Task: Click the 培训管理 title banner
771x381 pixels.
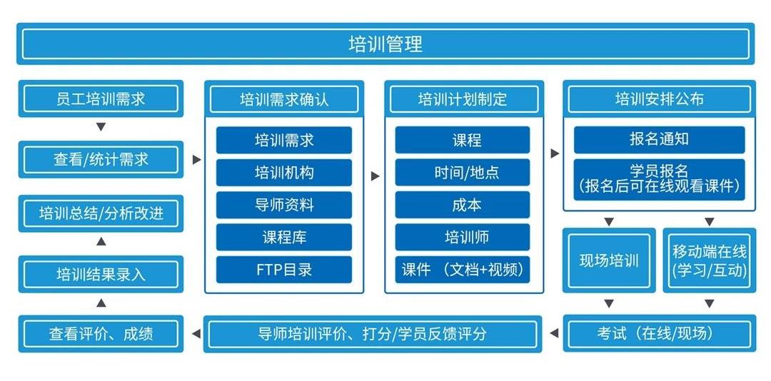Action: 385,44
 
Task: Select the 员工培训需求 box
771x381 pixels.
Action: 101,98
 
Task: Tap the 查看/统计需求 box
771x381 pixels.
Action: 101,159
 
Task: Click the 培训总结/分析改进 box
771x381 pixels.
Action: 101,213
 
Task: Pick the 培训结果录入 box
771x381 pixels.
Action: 101,274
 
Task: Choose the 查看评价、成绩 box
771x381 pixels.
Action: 101,333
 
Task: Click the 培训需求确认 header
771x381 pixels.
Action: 284,99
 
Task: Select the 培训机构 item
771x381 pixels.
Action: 284,173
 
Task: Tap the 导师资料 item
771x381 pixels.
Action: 284,205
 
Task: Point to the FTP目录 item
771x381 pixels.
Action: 284,270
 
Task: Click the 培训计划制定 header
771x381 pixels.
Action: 463,99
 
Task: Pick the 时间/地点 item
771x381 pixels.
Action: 463,173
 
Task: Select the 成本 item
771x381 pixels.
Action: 463,205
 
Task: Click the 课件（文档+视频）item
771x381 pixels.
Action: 463,270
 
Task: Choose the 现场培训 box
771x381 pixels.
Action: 609,260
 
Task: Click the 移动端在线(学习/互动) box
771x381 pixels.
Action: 709,260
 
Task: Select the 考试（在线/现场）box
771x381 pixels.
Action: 659,333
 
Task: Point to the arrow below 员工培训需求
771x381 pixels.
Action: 101,127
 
